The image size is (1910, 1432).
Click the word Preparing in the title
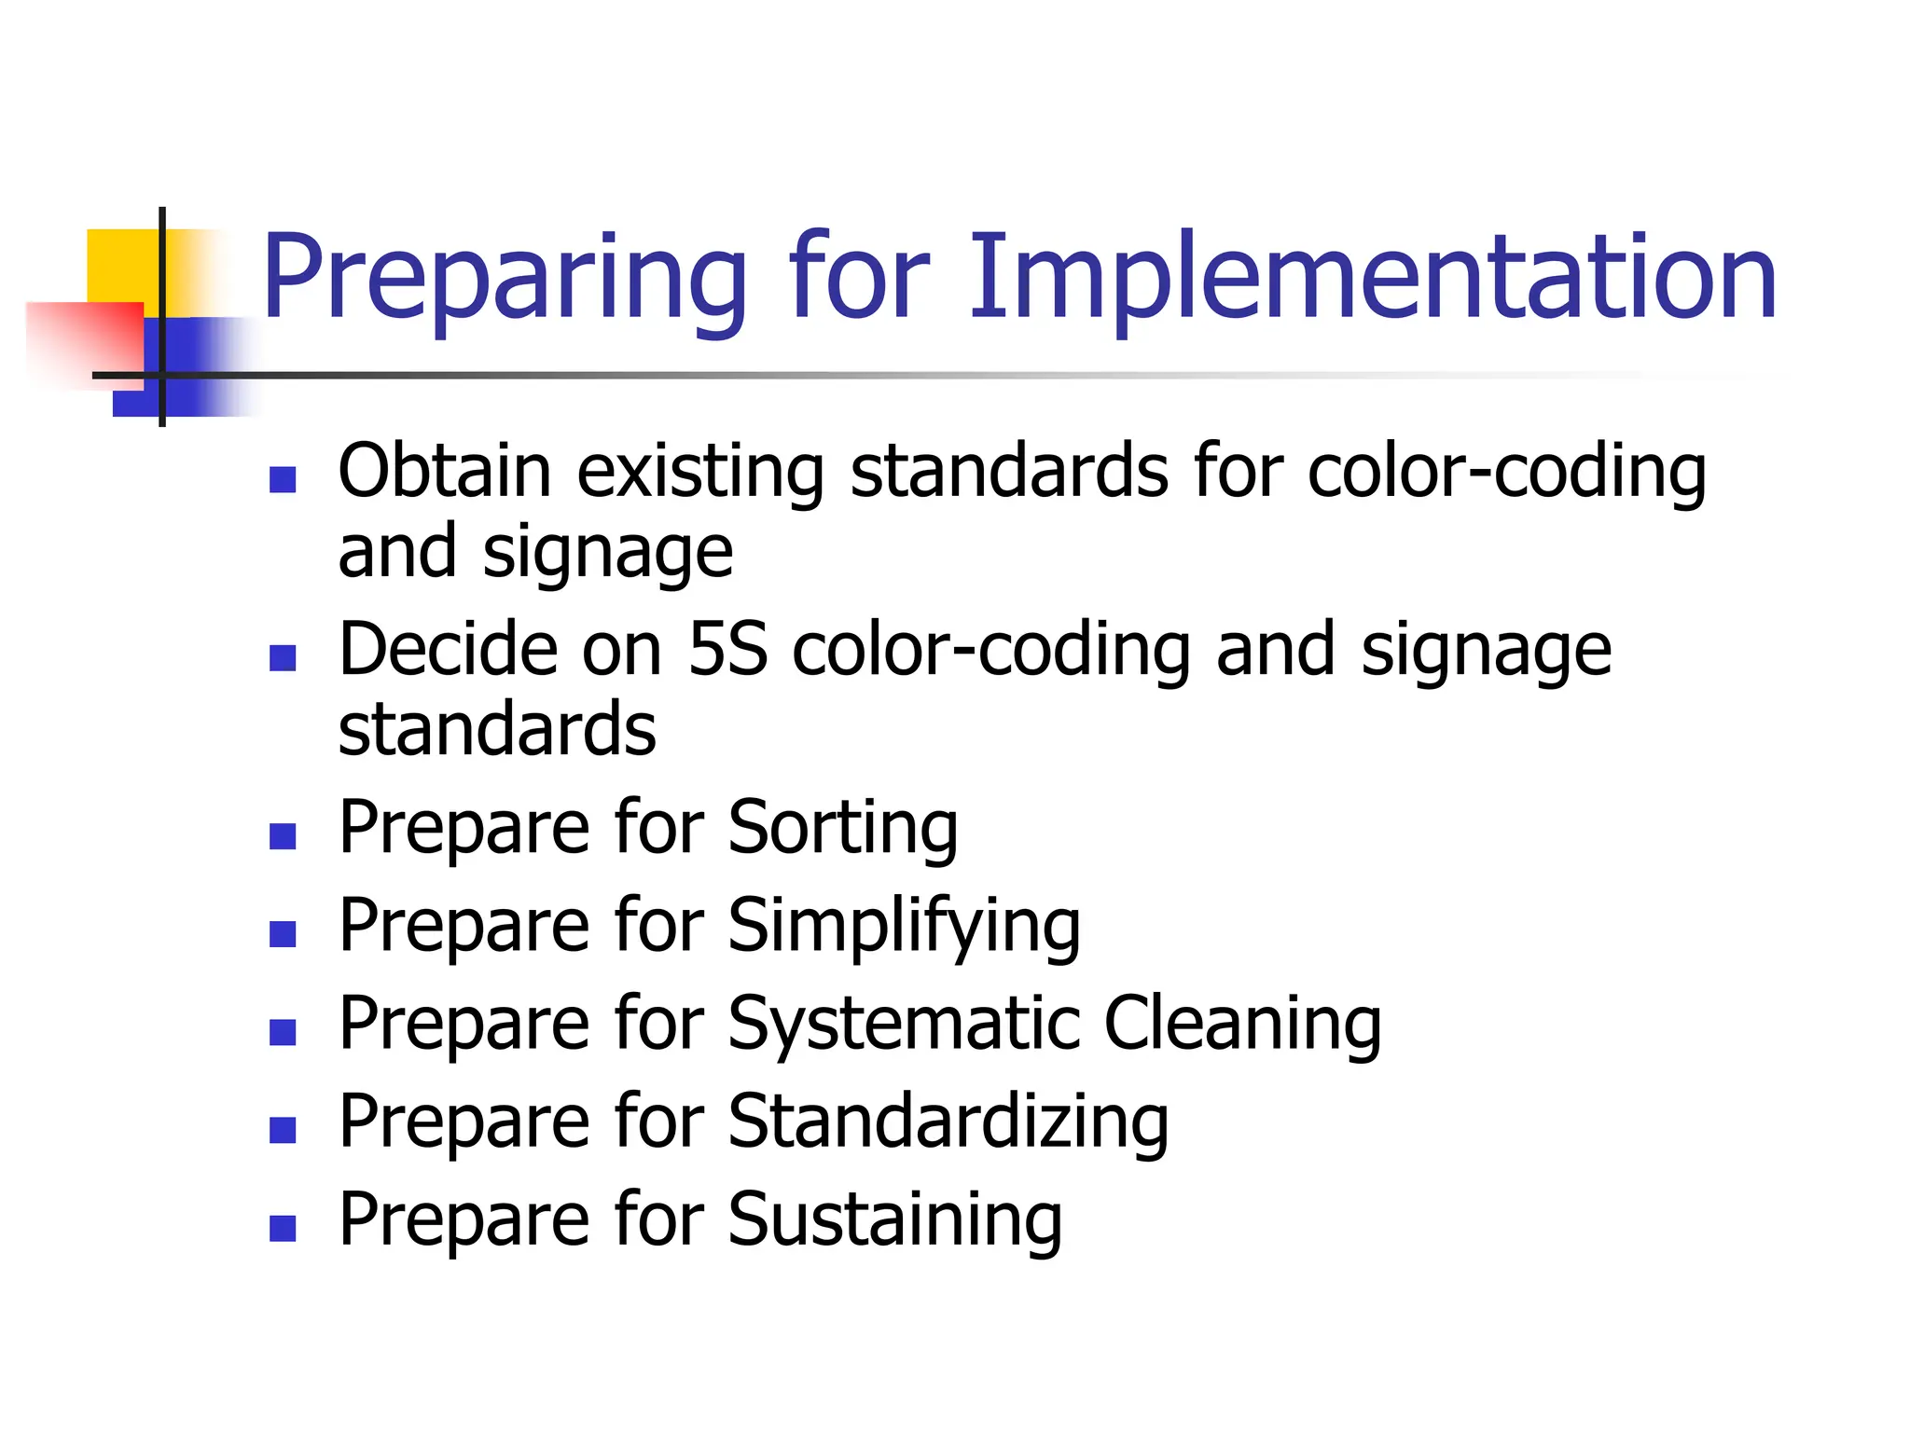[504, 280]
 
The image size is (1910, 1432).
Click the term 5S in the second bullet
[727, 649]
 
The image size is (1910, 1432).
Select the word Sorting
[842, 829]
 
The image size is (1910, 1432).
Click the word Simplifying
[904, 928]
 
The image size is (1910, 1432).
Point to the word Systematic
[903, 1026]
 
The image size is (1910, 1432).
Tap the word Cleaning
[1242, 1026]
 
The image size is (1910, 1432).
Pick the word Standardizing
[948, 1123]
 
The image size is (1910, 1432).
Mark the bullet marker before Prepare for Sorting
[283, 835]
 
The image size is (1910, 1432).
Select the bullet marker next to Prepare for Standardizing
[283, 1130]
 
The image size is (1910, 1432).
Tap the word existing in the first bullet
[699, 473]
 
